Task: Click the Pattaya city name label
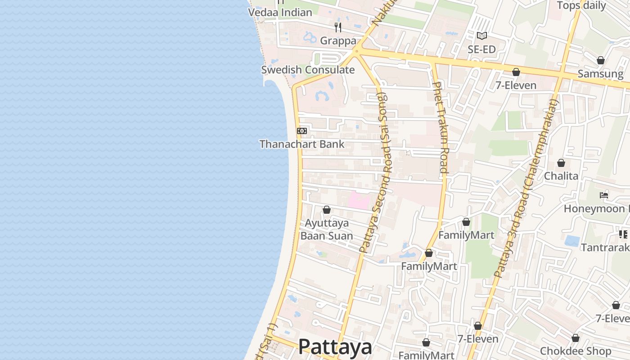[x=335, y=347]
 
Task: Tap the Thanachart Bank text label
[x=302, y=144]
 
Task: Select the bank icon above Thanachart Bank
[x=302, y=131]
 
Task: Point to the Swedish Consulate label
[x=308, y=70]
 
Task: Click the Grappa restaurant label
[x=338, y=41]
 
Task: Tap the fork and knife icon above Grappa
[x=338, y=27]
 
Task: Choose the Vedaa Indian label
[x=280, y=12]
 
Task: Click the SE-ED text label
[x=481, y=49]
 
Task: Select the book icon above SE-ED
[x=481, y=36]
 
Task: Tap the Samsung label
[x=600, y=74]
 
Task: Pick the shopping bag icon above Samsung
[x=600, y=60]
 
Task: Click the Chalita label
[x=561, y=175]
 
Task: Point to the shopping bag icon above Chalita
[x=561, y=162]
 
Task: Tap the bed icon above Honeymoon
[x=604, y=195]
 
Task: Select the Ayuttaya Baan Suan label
[x=327, y=229]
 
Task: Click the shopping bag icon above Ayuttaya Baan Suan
[x=327, y=210]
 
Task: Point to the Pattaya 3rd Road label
[x=526, y=189]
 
